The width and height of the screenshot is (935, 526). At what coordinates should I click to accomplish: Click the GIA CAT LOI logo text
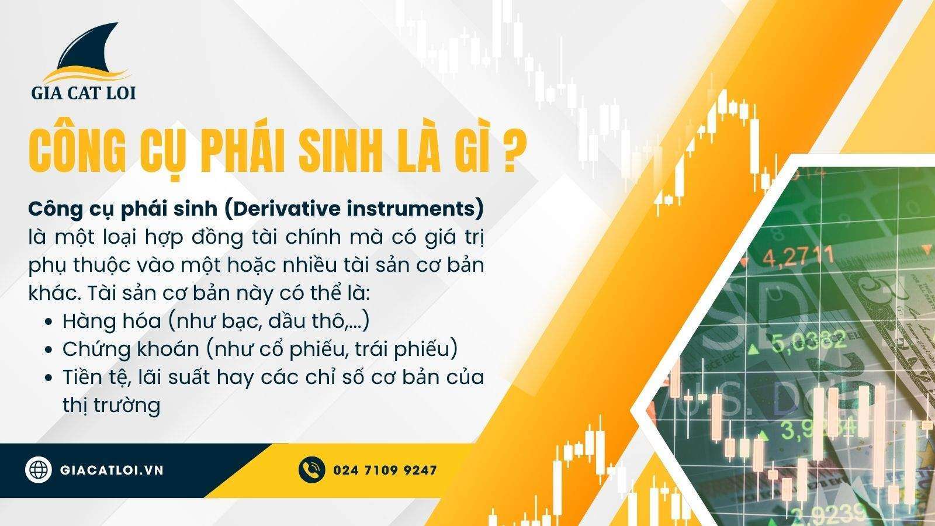click(x=84, y=93)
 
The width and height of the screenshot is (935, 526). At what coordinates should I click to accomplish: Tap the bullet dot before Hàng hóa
click(x=49, y=322)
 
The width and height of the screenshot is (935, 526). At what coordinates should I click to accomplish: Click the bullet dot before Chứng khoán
click(x=49, y=350)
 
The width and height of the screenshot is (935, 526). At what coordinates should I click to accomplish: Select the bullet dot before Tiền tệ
click(x=49, y=378)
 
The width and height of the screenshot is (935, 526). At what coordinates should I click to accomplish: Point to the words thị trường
click(x=112, y=406)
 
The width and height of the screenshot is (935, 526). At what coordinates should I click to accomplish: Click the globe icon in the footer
click(x=39, y=470)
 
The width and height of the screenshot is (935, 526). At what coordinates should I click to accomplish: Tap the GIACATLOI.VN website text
click(x=112, y=470)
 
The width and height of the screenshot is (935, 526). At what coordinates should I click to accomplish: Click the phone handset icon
click(x=311, y=470)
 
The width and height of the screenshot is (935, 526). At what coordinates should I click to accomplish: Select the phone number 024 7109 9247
click(x=385, y=470)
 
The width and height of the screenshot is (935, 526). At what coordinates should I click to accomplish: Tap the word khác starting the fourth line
click(x=54, y=293)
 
